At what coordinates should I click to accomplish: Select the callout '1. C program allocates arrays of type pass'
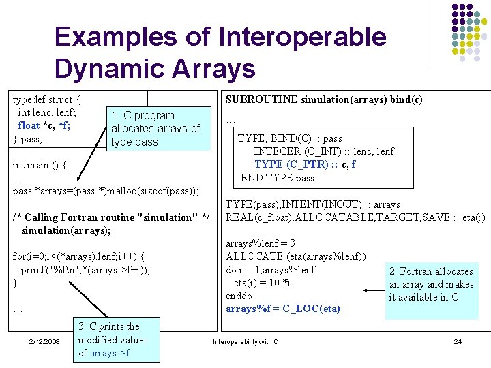(155, 128)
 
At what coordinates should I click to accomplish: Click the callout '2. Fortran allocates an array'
(431, 284)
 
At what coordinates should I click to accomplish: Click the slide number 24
(458, 341)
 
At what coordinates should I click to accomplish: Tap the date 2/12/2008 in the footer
(44, 341)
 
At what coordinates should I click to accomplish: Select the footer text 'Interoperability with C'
(245, 341)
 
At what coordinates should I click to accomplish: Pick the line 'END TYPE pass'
(277, 178)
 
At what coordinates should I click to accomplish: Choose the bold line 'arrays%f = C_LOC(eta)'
(282, 309)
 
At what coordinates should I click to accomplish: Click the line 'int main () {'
(40, 164)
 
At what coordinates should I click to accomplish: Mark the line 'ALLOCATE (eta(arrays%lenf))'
(295, 256)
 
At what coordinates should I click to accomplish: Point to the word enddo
(239, 296)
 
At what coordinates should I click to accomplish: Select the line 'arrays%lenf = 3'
(260, 243)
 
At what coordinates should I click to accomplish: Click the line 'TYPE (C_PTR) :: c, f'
(305, 164)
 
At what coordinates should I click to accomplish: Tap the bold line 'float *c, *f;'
(44, 125)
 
